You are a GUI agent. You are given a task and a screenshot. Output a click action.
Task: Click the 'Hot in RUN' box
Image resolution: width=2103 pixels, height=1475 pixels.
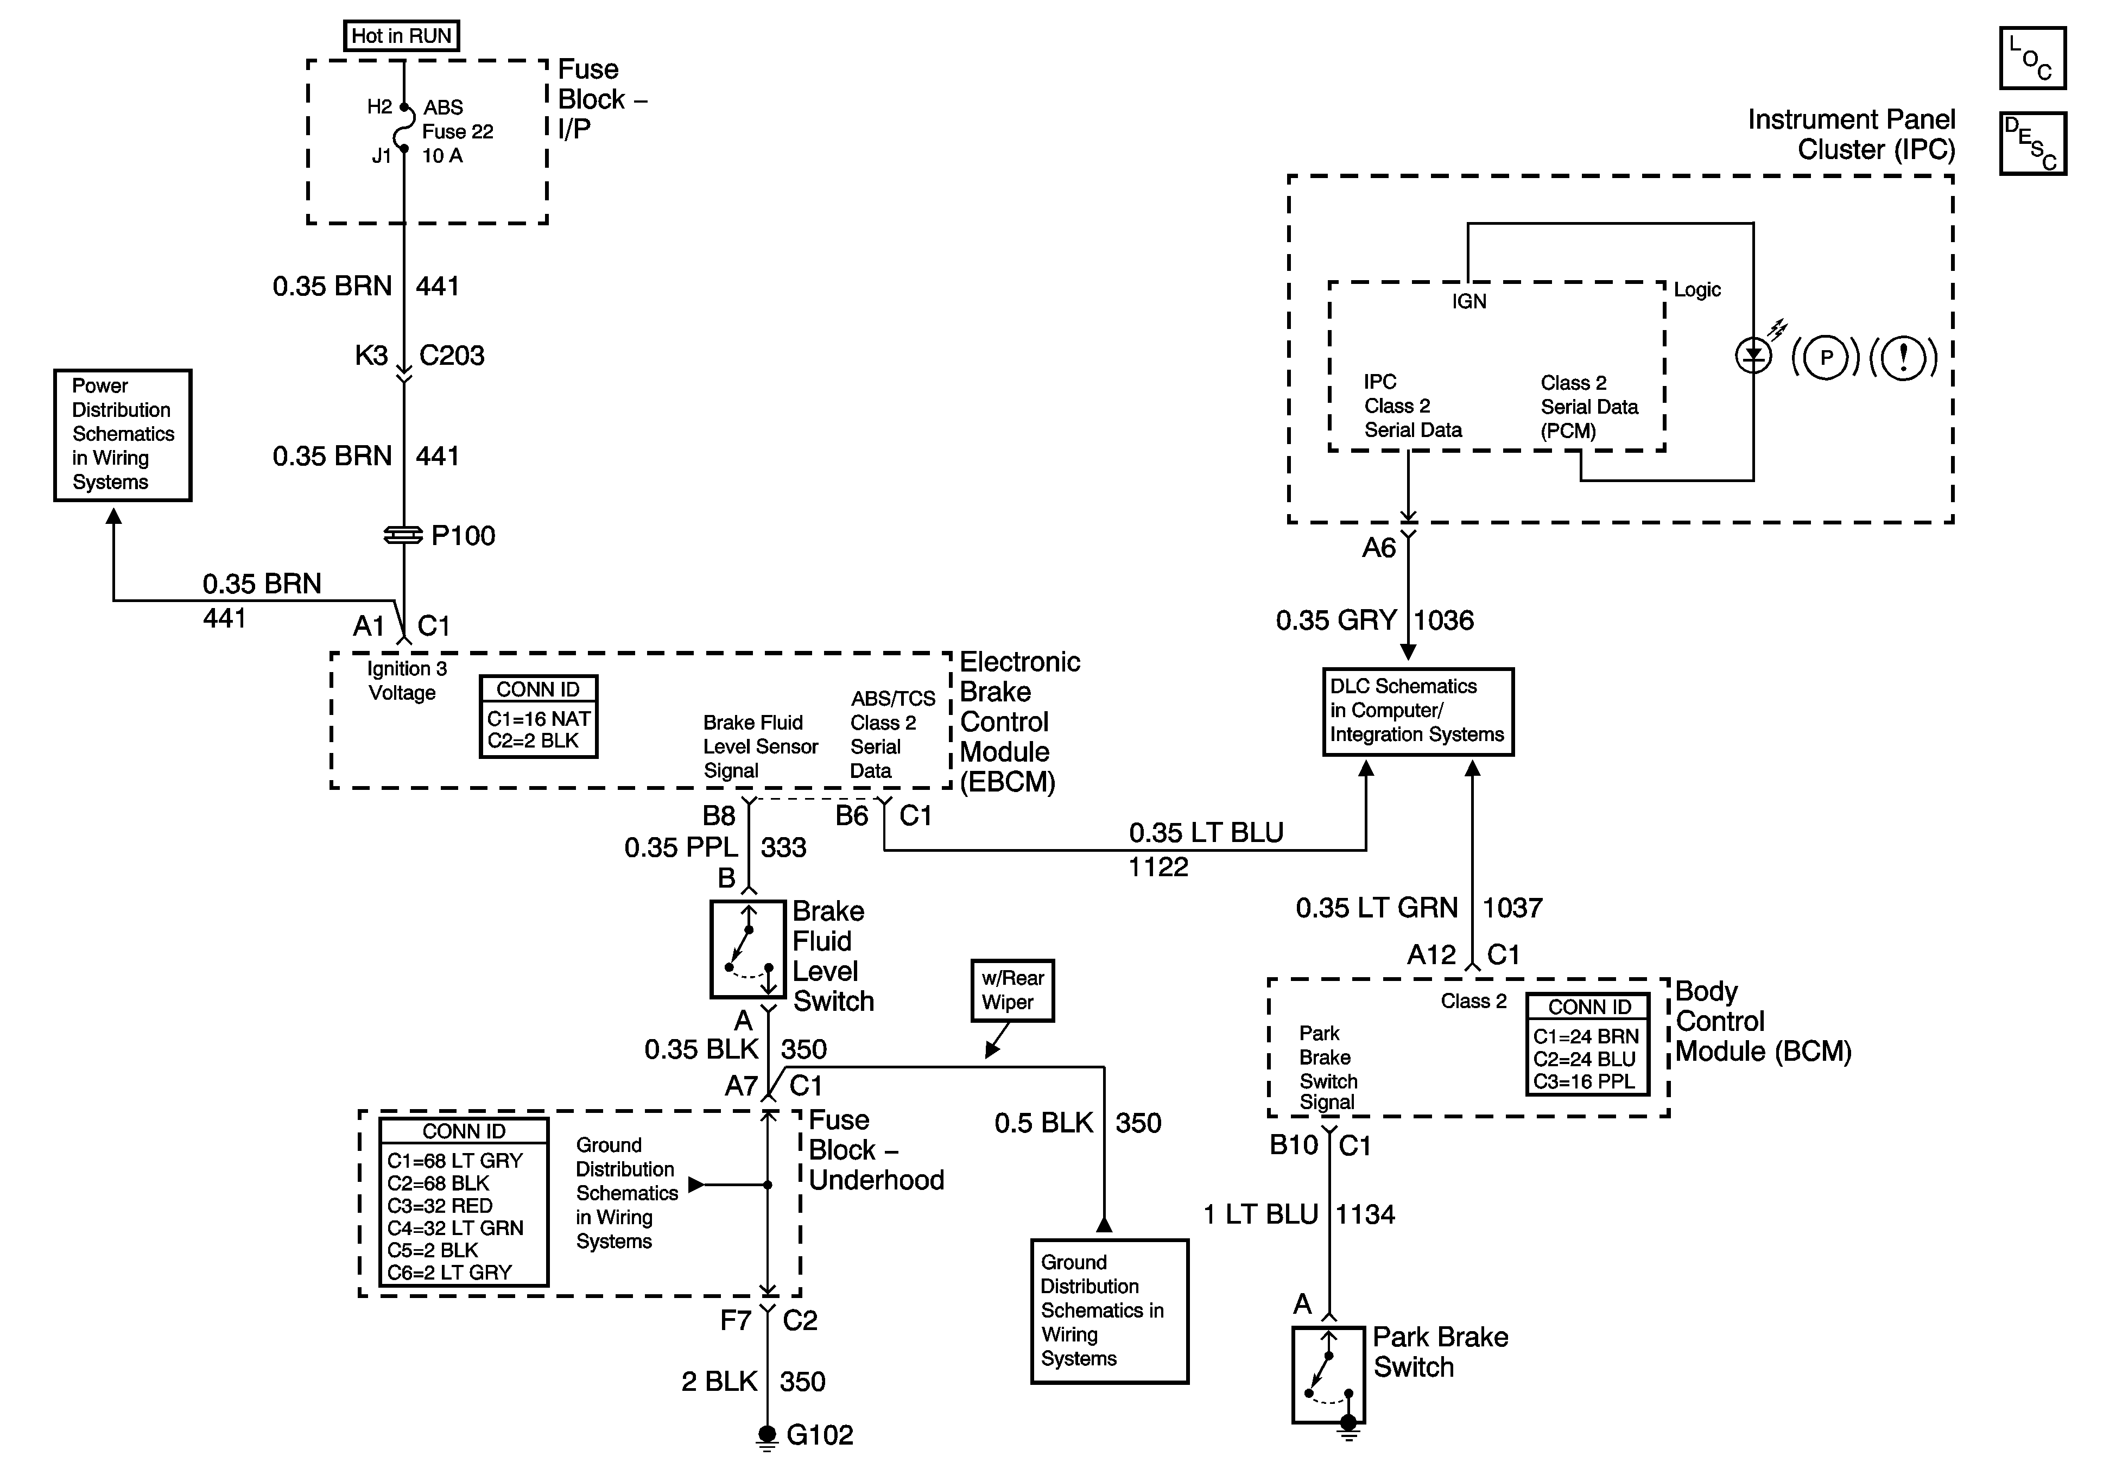[x=401, y=36]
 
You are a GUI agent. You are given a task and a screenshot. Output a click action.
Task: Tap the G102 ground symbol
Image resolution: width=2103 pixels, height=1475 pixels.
[x=768, y=1435]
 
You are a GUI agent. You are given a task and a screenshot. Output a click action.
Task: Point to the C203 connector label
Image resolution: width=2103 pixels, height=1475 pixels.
[x=452, y=356]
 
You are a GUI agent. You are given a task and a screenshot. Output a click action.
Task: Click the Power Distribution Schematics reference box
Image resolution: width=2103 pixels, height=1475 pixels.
[x=123, y=435]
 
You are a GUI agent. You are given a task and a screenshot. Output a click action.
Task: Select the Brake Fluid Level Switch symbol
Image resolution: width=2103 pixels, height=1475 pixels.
[x=749, y=949]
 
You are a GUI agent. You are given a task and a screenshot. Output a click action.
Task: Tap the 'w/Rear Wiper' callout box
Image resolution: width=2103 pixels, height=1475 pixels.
[x=1012, y=990]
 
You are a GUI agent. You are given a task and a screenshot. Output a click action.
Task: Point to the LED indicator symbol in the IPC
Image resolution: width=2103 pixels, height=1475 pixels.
[x=1753, y=356]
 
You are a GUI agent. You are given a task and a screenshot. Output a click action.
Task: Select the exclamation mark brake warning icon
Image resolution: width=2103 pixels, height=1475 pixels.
[x=1903, y=357]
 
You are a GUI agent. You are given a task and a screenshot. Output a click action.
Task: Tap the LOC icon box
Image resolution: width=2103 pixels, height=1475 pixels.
[x=2032, y=59]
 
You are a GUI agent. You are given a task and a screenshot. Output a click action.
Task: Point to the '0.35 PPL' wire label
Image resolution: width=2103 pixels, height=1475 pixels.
[x=681, y=847]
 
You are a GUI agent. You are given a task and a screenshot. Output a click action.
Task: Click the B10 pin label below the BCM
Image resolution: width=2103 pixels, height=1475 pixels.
[x=1293, y=1145]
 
